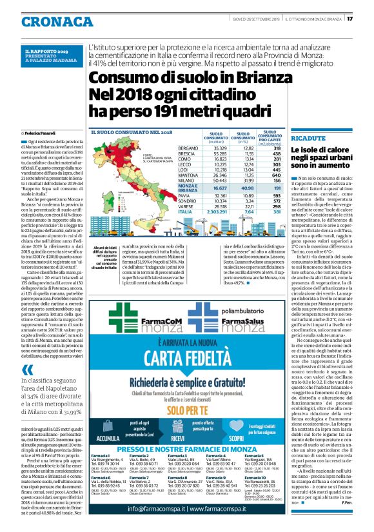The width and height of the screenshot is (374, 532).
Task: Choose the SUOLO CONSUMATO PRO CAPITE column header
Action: [x=270, y=138]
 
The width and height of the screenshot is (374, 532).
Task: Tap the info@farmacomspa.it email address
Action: [x=151, y=509]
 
